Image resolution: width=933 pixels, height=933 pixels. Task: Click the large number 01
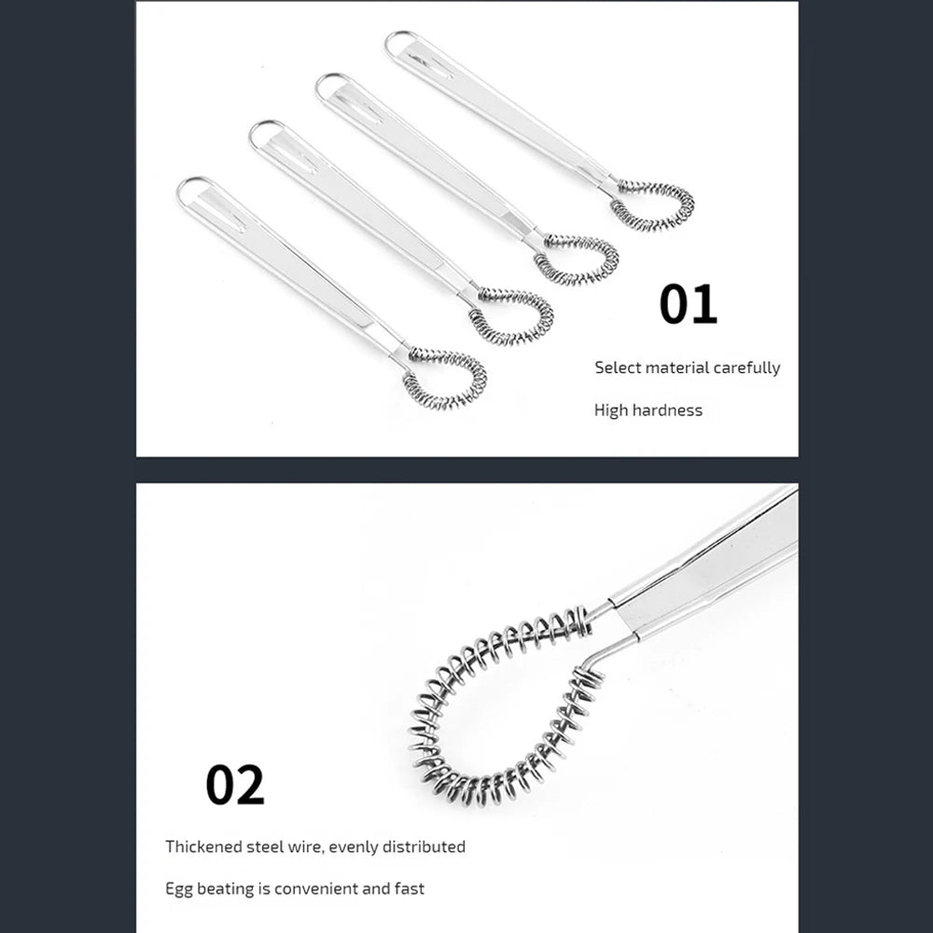tap(688, 304)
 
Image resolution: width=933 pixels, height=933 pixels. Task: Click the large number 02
tap(234, 785)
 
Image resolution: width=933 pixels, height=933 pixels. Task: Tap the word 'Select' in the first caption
tap(618, 368)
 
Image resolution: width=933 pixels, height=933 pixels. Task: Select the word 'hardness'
tap(667, 411)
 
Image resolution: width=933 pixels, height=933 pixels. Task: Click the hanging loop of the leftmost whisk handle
tap(190, 189)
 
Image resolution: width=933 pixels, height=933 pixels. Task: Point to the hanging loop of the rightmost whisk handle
tap(399, 42)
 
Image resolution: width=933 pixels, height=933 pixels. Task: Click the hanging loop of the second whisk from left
tap(264, 133)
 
